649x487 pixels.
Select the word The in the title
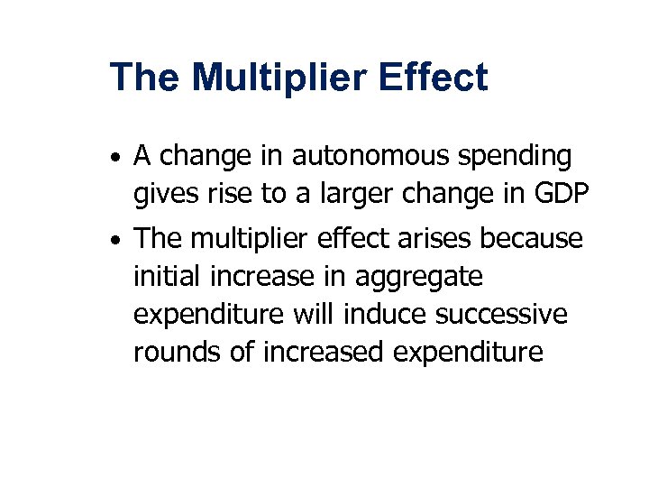[144, 78]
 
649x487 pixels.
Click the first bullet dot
[117, 160]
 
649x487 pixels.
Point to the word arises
[437, 239]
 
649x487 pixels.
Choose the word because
[534, 239]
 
